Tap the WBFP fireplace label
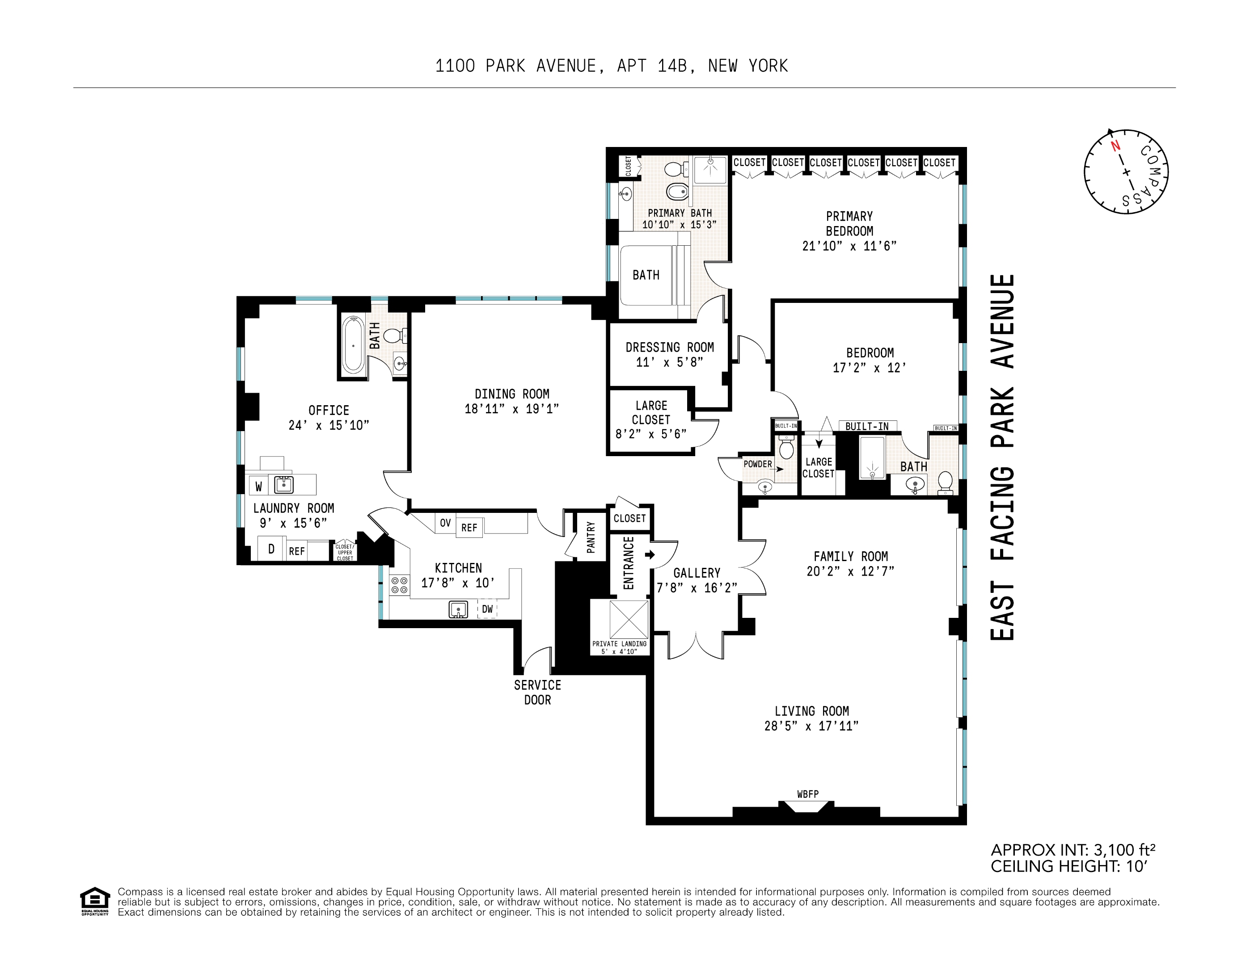point(807,794)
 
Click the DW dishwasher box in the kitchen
point(487,609)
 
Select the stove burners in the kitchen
point(399,585)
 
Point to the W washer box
point(259,486)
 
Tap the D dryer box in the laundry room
point(271,549)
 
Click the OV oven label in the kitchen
point(445,523)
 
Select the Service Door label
point(537,692)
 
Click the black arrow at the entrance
point(650,554)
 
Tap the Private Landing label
point(619,647)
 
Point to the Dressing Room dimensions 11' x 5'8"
point(669,362)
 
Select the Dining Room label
point(512,394)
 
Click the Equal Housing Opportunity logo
point(94,901)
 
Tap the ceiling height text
point(1068,866)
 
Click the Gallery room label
point(697,573)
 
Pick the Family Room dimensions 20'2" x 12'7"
point(850,571)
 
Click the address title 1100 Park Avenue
point(611,67)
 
